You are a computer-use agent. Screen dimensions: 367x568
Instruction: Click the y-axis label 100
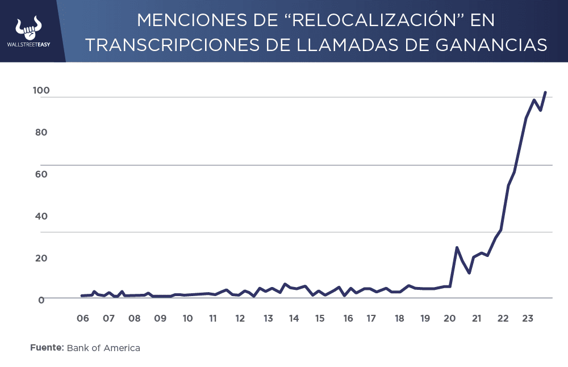42,91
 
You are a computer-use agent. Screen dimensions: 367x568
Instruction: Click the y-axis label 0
41,299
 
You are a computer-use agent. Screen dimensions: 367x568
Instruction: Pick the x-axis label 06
83,318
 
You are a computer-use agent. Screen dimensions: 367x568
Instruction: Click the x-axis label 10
187,318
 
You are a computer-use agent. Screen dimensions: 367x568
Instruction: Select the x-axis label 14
294,318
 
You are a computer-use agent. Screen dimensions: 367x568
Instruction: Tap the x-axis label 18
399,318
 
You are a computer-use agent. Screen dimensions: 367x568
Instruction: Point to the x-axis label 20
450,318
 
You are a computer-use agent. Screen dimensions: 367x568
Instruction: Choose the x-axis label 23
527,318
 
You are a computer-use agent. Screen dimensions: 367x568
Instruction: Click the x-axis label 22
502,318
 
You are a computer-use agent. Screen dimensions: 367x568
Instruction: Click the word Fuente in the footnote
47,348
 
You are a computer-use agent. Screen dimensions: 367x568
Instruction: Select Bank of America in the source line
103,348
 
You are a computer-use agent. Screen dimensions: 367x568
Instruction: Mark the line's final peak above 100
545,92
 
